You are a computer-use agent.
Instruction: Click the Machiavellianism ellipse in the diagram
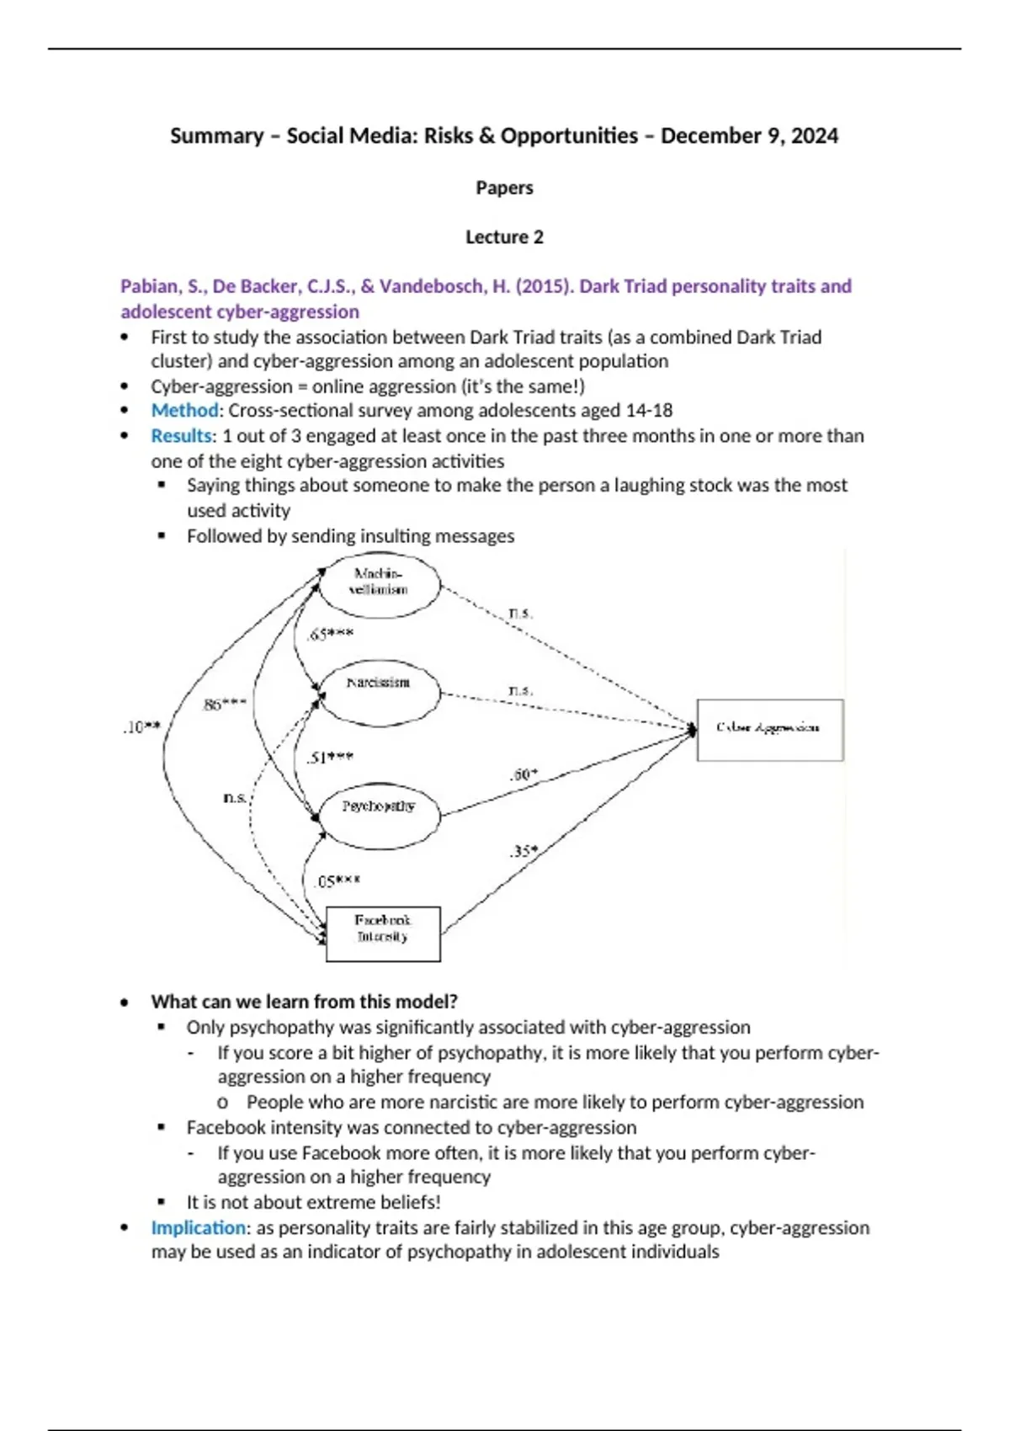[379, 583]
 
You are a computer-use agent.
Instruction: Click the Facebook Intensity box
[383, 933]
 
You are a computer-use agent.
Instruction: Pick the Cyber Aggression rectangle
[769, 729]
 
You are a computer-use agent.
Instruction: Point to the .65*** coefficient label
[330, 634]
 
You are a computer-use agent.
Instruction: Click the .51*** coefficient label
[330, 758]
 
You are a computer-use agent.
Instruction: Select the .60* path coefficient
[523, 774]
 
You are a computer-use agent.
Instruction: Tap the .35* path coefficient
[523, 851]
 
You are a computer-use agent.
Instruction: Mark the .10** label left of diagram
[141, 726]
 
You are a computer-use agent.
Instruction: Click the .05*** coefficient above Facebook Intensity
[337, 881]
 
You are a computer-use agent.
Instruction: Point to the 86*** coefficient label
[225, 704]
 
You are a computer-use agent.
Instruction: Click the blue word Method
[184, 410]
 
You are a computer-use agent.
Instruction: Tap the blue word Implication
[199, 1227]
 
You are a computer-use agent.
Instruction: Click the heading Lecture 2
[504, 237]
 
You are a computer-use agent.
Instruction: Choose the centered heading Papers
[504, 188]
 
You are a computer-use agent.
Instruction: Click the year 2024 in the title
[814, 136]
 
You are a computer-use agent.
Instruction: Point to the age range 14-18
[649, 410]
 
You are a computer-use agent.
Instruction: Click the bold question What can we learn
[304, 1002]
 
